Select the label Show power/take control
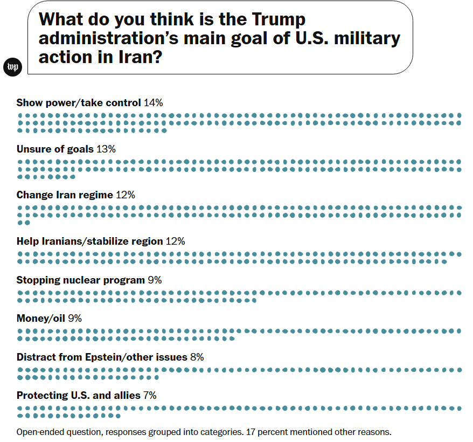79,102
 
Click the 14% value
153,102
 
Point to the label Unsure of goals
55,149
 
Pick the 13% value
106,149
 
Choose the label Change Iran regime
65,195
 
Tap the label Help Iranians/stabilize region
89,241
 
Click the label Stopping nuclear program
80,280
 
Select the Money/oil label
41,318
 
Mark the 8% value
197,357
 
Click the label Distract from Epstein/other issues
102,357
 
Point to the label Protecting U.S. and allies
78,395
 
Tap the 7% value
150,395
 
